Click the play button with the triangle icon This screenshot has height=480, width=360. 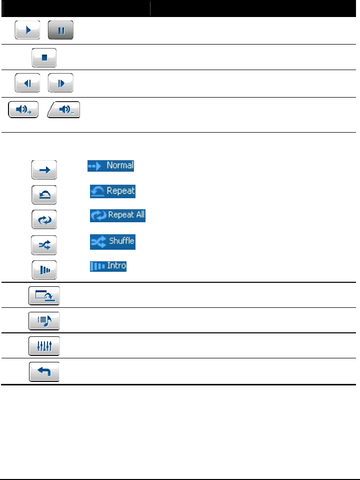27,30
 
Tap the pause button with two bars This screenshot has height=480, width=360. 60,30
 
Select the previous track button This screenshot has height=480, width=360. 27,83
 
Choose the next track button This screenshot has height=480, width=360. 60,83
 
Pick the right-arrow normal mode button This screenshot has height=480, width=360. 44,170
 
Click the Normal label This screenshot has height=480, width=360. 111,166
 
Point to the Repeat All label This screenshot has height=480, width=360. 118,216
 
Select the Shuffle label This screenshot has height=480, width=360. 112,241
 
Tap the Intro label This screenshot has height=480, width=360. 108,266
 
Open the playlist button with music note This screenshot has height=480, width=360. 44,321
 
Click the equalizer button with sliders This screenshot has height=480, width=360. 44,346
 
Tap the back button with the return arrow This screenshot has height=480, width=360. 44,371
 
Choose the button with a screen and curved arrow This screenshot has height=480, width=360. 44,296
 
